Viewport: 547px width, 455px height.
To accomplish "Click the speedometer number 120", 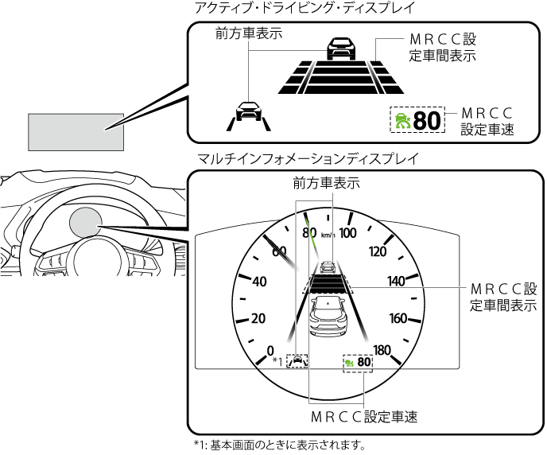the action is pyautogui.click(x=378, y=251).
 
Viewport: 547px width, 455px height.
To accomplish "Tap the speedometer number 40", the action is pyautogui.click(x=259, y=282).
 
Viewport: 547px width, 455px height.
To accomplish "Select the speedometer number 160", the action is pyautogui.click(x=398, y=318).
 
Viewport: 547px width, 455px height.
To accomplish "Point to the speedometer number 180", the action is pyautogui.click(x=382, y=350).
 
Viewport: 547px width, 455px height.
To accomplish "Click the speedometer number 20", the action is pyautogui.click(x=258, y=318).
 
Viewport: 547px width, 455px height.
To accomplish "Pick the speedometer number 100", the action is pyautogui.click(x=347, y=233).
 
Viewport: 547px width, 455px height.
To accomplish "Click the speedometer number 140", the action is pyautogui.click(x=396, y=282).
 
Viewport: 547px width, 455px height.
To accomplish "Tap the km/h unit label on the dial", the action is pyautogui.click(x=328, y=235).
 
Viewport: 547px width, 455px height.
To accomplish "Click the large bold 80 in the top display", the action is pyautogui.click(x=427, y=121).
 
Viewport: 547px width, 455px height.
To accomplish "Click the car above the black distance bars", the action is pyautogui.click(x=342, y=49).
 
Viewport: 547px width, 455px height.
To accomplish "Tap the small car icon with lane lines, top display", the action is pyautogui.click(x=249, y=116).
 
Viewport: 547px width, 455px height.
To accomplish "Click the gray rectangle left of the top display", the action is pyautogui.click(x=76, y=132).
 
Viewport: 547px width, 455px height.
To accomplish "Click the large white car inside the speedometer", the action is pyautogui.click(x=328, y=316).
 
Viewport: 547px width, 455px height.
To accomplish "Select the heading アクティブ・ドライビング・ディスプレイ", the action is pyautogui.click(x=305, y=7).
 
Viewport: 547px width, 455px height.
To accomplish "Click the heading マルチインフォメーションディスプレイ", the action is pyautogui.click(x=307, y=159).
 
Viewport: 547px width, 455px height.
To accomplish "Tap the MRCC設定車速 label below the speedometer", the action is pyautogui.click(x=364, y=417).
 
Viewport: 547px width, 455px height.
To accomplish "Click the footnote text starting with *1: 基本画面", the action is pyautogui.click(x=280, y=445).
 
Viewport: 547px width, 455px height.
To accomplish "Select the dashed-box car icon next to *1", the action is pyautogui.click(x=297, y=361).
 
